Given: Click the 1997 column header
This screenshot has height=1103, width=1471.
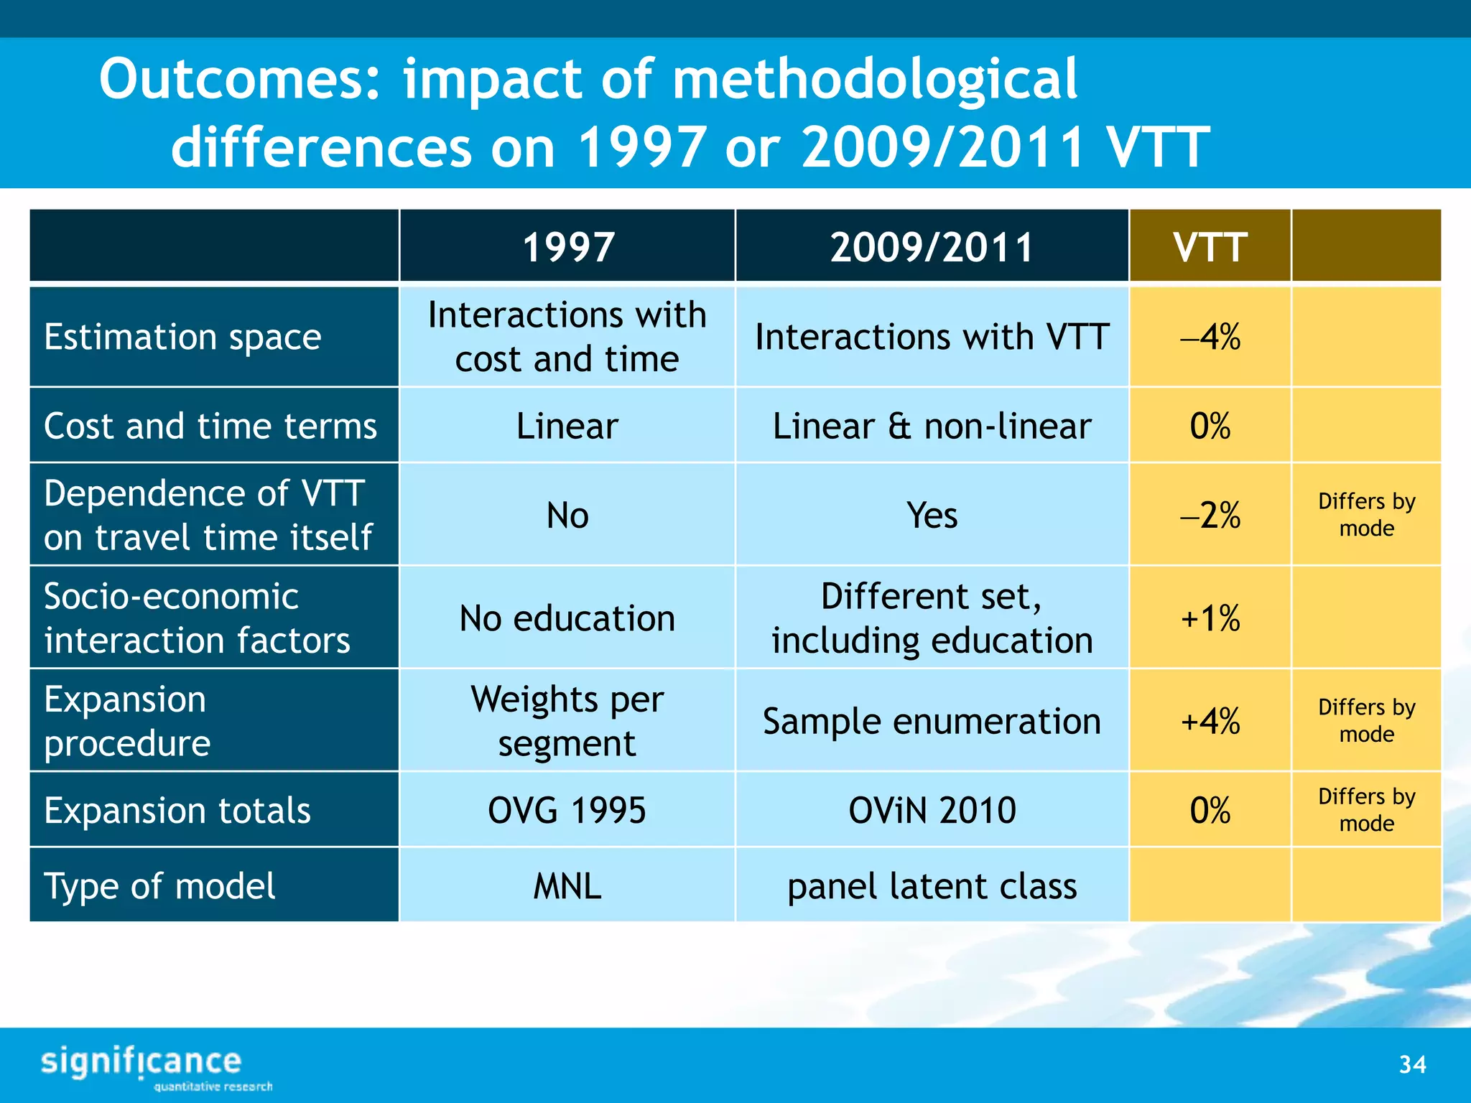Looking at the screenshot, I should tap(567, 247).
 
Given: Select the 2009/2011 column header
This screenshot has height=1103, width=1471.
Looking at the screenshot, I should tap(932, 247).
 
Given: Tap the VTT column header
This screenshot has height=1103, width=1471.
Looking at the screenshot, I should tap(1210, 247).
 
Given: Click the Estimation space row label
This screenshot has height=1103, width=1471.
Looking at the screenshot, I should tap(183, 337).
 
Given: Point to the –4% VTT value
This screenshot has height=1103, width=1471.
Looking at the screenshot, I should tap(1210, 337).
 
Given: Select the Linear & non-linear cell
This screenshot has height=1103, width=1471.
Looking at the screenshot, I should tap(932, 426).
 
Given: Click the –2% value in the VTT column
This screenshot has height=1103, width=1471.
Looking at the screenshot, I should tap(1210, 515).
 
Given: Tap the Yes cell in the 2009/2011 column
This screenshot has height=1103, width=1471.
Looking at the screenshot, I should tap(932, 515).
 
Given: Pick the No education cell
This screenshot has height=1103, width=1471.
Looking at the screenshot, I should tap(567, 618).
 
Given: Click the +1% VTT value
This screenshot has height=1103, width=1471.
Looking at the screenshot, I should tap(1210, 618).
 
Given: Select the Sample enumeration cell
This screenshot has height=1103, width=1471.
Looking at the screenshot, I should tap(932, 721).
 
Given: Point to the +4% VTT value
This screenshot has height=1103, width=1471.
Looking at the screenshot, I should tap(1210, 721).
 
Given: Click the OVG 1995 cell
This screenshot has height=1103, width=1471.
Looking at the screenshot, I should tap(567, 810).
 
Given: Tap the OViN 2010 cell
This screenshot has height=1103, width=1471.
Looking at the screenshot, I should tap(932, 810).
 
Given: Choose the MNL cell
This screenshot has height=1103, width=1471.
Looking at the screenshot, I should tap(567, 885).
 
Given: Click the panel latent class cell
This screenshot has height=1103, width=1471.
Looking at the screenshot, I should tap(932, 885).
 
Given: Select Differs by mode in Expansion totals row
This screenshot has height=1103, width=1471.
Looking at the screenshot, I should tap(1366, 809).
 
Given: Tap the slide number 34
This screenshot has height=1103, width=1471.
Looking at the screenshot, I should tap(1412, 1064).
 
